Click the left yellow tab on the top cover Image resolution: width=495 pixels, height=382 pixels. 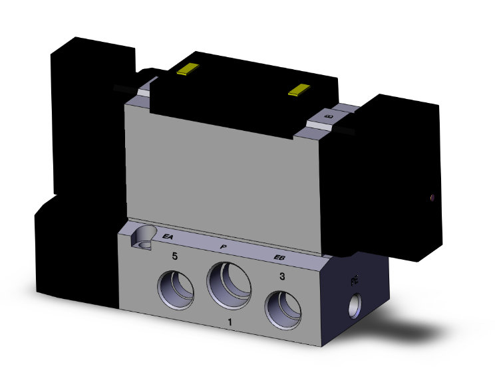[188, 69]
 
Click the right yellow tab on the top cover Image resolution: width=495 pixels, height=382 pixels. [301, 89]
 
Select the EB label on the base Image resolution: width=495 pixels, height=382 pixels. [281, 258]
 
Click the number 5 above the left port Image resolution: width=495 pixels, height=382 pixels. [175, 256]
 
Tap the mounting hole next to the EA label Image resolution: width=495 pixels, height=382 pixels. [142, 237]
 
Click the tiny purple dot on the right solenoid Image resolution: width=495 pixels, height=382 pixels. [433, 197]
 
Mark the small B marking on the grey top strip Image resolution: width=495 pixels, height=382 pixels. [326, 117]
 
